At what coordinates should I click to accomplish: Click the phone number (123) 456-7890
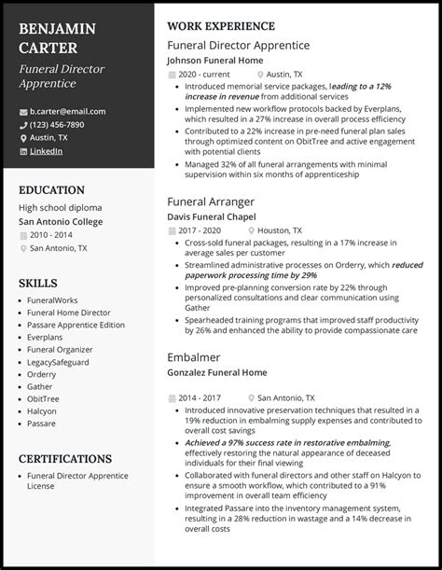[x=57, y=124]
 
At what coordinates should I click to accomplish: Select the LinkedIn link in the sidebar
[x=47, y=150]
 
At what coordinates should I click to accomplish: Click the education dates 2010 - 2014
[x=52, y=235]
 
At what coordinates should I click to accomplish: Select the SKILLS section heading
[x=38, y=283]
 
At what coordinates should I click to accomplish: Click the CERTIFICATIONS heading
[x=65, y=459]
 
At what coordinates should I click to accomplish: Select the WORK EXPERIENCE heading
[x=221, y=26]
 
